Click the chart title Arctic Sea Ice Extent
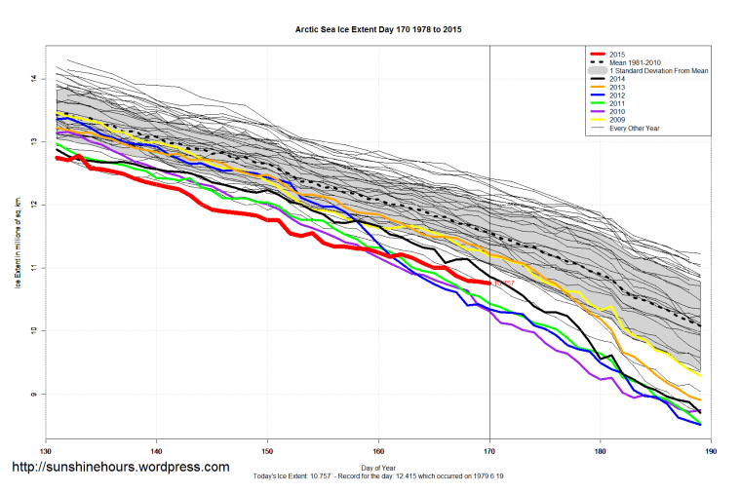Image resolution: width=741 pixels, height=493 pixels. coord(378,30)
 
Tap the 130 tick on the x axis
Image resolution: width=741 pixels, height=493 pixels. coord(45,451)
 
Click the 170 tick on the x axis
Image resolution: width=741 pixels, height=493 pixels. coord(489,451)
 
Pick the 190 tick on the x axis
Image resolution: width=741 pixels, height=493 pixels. coord(712,451)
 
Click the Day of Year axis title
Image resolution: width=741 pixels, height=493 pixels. coord(378,467)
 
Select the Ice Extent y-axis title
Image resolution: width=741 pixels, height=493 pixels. coord(17,239)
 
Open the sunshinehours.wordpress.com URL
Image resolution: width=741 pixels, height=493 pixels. coord(120,468)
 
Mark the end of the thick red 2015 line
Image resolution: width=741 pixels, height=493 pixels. coord(488,283)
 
